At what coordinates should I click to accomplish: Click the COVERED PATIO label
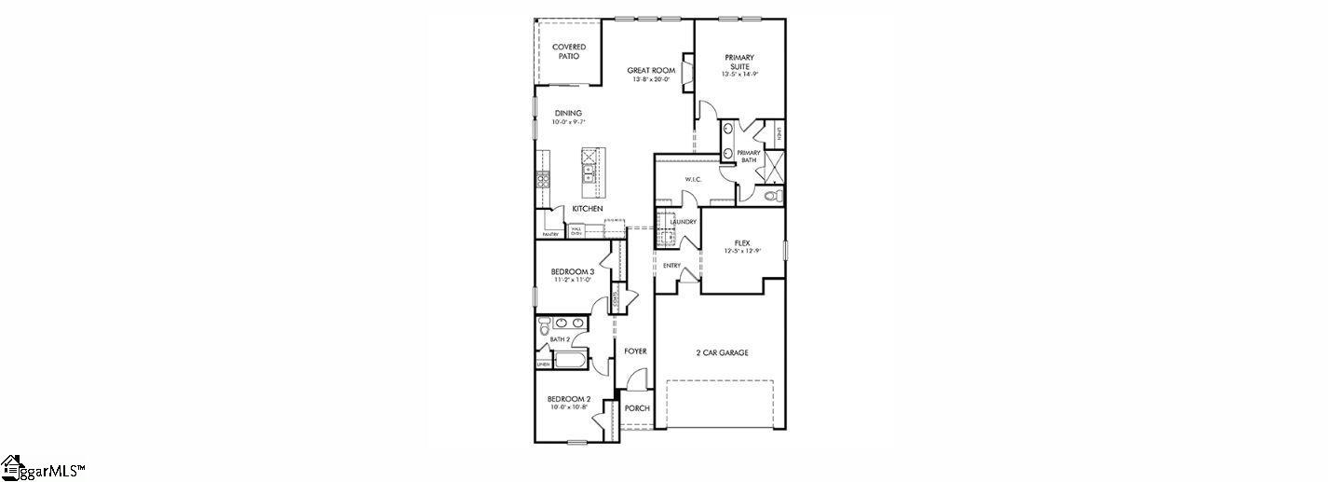[568, 51]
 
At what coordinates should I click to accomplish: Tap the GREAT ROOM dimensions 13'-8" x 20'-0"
[651, 80]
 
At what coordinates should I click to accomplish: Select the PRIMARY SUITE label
[739, 62]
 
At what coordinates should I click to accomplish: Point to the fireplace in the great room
[687, 73]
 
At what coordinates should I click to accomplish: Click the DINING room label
[567, 113]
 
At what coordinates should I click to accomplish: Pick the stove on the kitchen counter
[541, 180]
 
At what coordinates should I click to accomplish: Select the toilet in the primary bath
[770, 196]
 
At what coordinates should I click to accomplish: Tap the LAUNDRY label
[683, 222]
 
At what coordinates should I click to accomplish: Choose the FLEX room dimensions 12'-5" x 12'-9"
[742, 251]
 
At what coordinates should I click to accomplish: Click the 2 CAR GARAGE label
[722, 352]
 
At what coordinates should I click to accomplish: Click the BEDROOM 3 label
[567, 271]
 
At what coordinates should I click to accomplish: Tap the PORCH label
[637, 408]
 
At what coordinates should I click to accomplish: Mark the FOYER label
[635, 351]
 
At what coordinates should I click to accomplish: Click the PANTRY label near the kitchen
[550, 234]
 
